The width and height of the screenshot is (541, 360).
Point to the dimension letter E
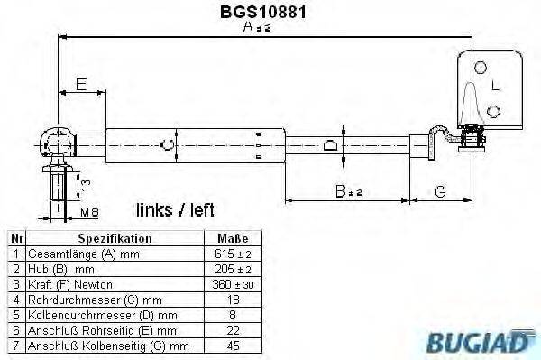(80, 85)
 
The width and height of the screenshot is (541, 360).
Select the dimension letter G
(439, 190)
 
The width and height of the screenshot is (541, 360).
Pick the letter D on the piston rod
(330, 144)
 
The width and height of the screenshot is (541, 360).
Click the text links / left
(175, 210)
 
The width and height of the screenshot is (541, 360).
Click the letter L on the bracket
(496, 87)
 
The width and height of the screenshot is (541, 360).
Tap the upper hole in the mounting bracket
(482, 68)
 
